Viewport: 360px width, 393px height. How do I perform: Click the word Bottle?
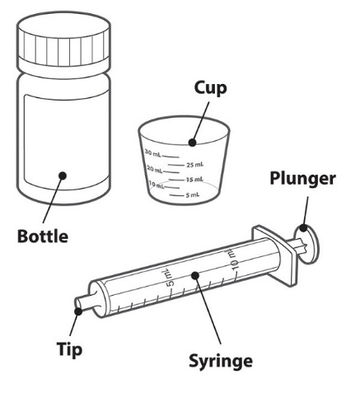click(x=43, y=236)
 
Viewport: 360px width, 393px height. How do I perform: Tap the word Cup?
click(x=211, y=89)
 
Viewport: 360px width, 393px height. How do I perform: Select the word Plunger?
click(x=302, y=180)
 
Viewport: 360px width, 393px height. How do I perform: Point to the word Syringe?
click(x=221, y=362)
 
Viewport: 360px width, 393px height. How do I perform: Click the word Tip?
click(x=69, y=349)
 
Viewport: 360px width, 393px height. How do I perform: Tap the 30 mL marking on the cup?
click(x=152, y=153)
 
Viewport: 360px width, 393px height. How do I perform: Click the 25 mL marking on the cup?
click(x=195, y=165)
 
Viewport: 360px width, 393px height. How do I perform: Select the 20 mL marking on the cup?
click(x=155, y=169)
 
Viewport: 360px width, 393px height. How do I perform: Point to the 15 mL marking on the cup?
click(x=194, y=180)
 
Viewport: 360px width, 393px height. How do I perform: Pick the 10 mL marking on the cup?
click(x=157, y=185)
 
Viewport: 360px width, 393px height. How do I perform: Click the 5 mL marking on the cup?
click(x=193, y=195)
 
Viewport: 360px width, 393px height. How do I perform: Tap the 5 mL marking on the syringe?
click(x=170, y=278)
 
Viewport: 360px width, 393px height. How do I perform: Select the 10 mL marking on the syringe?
click(x=233, y=259)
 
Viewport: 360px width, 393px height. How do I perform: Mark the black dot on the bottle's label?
click(x=63, y=175)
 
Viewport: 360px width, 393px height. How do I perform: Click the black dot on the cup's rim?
click(x=193, y=143)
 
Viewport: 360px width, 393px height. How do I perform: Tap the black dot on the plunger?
click(x=303, y=228)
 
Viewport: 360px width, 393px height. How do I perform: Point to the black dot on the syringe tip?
click(x=78, y=311)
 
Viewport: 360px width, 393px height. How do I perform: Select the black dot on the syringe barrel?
click(x=195, y=275)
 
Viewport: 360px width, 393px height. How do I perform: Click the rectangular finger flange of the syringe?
click(x=274, y=255)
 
